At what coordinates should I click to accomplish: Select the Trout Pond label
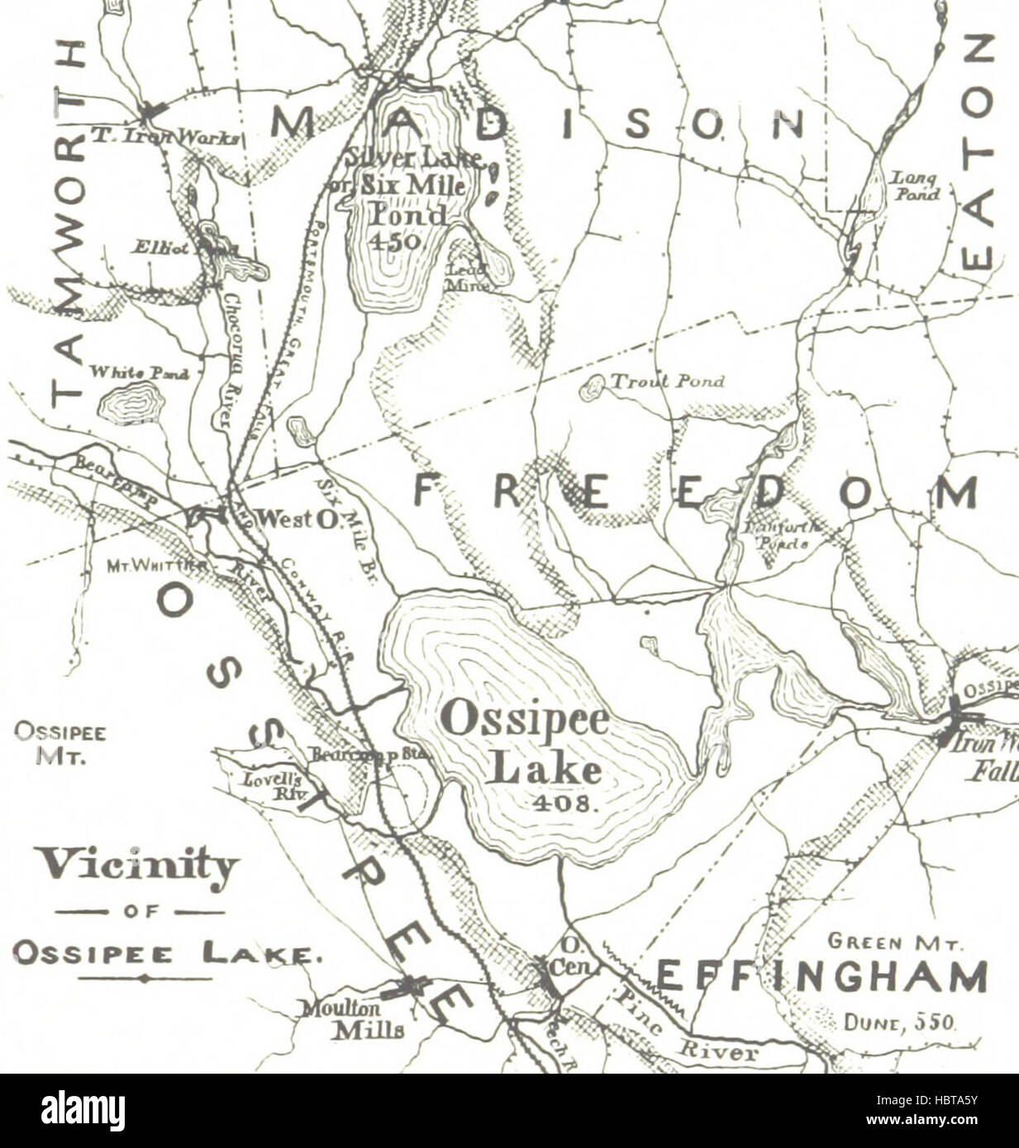coord(666,381)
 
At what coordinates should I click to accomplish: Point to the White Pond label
coord(139,372)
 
